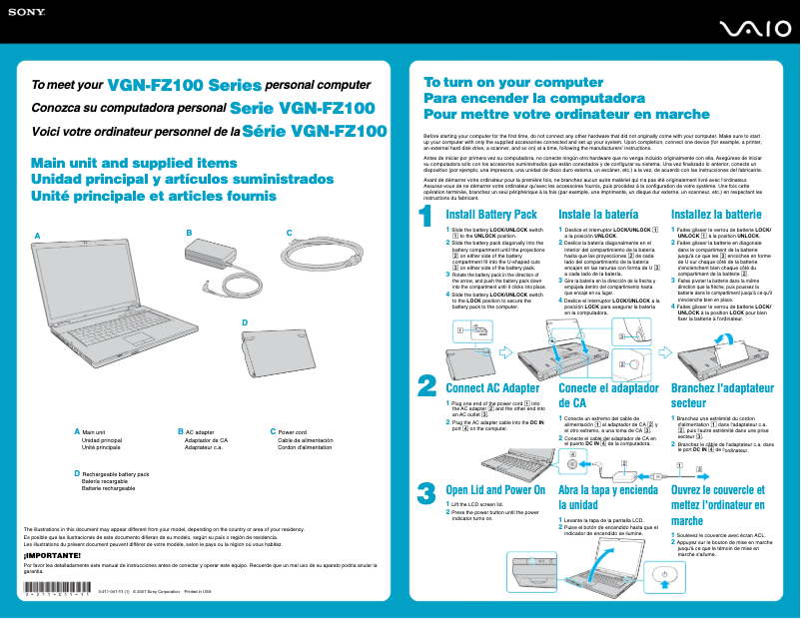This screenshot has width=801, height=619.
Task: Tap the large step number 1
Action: (426, 216)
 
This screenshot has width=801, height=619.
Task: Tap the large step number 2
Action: (426, 386)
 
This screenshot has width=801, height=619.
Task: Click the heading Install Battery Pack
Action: (490, 215)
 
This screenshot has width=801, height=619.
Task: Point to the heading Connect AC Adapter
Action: (492, 388)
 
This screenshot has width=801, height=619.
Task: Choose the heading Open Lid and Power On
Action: (494, 490)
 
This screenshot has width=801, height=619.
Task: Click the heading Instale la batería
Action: (598, 215)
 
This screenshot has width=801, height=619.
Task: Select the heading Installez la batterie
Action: (716, 215)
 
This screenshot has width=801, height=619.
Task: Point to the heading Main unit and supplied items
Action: (121, 163)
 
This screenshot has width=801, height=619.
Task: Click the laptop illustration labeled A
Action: (110, 319)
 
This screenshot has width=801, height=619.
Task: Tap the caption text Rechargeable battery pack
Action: (115, 473)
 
